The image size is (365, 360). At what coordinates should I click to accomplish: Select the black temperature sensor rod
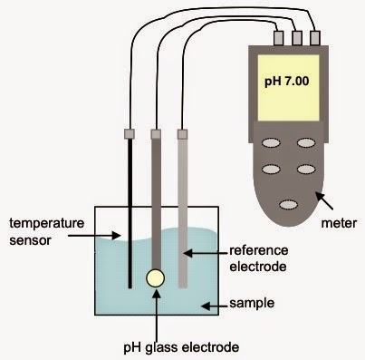[x=130, y=209]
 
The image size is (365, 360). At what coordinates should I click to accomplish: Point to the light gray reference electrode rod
[x=183, y=209]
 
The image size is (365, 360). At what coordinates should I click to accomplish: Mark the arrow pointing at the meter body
[x=321, y=199]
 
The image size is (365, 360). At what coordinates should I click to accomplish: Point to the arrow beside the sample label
[x=212, y=306]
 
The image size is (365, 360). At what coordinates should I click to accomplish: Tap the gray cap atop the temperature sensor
[x=130, y=133]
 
